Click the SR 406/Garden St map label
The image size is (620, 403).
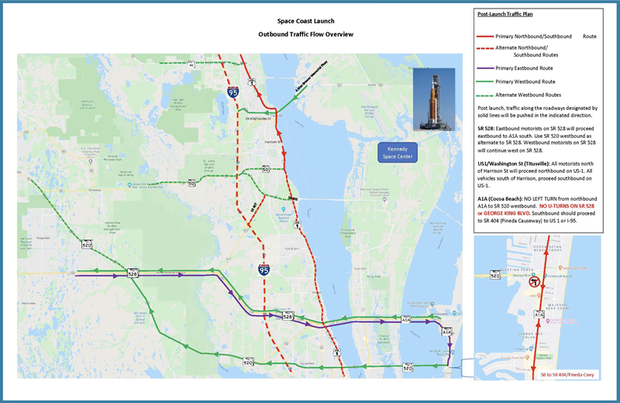(260, 119)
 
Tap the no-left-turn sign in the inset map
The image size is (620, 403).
(533, 284)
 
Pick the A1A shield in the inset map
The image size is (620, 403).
(539, 315)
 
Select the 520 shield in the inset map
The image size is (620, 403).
(495, 274)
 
